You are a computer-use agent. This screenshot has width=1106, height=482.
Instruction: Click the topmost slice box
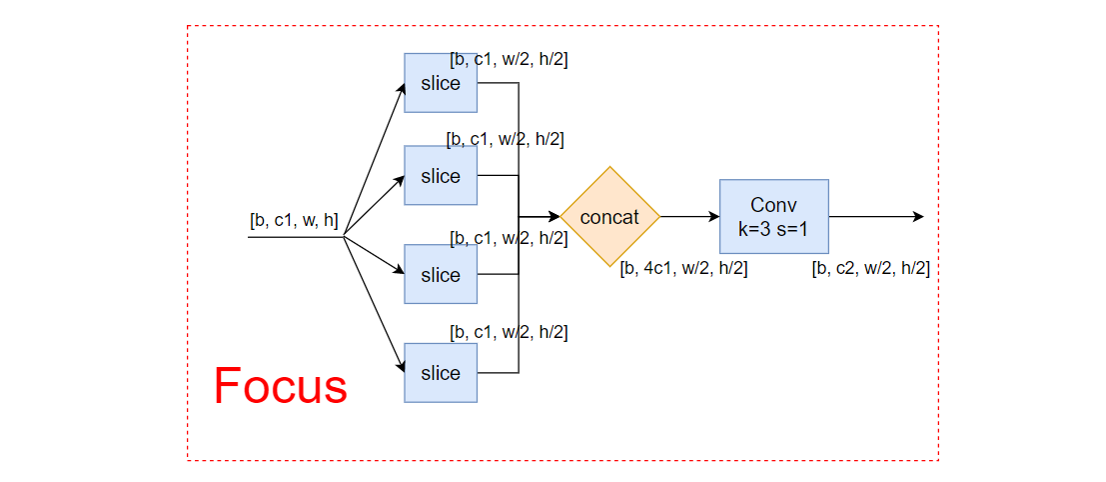[441, 83]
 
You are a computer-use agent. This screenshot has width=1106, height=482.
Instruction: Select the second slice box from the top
[441, 176]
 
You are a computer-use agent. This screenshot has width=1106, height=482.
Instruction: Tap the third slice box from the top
[441, 274]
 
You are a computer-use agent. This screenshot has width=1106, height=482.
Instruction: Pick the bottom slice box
[441, 373]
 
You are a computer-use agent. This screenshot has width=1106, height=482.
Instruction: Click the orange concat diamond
[609, 217]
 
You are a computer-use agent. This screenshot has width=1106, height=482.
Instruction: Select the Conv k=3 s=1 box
[773, 217]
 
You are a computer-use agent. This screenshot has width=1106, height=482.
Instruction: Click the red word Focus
[280, 386]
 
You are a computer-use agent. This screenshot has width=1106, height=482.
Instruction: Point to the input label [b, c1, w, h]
[294, 221]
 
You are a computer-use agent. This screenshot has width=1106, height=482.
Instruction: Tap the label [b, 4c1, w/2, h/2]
[683, 268]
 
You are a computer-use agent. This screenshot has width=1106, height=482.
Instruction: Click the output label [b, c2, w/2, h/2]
[871, 268]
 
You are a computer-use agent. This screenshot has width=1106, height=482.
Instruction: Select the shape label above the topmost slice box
[509, 59]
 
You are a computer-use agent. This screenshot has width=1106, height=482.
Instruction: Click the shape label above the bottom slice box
[509, 332]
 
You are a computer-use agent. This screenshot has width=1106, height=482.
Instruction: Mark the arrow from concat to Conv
[689, 217]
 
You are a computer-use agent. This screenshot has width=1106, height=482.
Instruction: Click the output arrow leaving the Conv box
[875, 217]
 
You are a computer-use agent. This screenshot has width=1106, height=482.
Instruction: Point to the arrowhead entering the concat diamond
[553, 217]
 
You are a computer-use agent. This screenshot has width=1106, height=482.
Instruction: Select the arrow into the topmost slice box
[375, 158]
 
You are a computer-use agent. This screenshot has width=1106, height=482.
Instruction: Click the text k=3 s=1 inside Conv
[773, 229]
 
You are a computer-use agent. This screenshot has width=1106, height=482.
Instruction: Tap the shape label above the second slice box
[505, 140]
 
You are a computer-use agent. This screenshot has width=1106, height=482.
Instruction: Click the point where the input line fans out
[344, 237]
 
